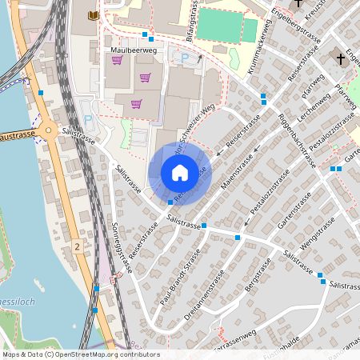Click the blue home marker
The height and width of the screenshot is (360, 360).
click(x=180, y=173)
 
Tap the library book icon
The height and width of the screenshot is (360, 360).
click(x=94, y=15)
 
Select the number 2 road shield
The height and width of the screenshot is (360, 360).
click(x=77, y=246)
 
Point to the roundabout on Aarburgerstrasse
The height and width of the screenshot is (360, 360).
click(x=47, y=132)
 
